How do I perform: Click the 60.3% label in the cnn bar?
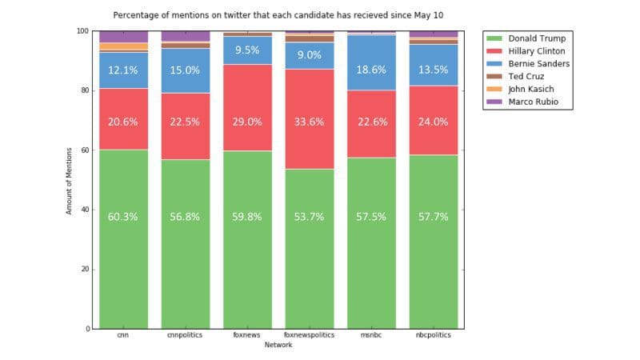coord(123,217)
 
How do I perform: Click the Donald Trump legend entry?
coord(529,38)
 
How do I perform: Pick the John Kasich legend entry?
coord(527,89)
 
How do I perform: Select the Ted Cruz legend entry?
coord(524,76)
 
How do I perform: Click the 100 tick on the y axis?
coord(82,30)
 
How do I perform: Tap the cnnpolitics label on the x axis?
coord(186,336)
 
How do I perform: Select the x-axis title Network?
coord(279,346)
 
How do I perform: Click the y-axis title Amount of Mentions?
coord(69,180)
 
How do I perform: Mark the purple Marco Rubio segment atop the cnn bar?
coord(123,37)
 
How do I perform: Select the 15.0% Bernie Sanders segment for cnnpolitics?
coord(186,70)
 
